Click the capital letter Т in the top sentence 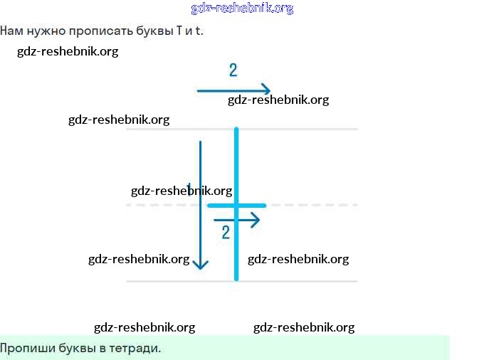point(179,31)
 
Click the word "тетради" point(137,349)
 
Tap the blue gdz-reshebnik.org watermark point(242,9)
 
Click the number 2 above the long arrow point(233,70)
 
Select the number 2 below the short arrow point(226,233)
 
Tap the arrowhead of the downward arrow point(201,265)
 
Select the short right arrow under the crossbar point(237,220)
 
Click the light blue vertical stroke point(236,164)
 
